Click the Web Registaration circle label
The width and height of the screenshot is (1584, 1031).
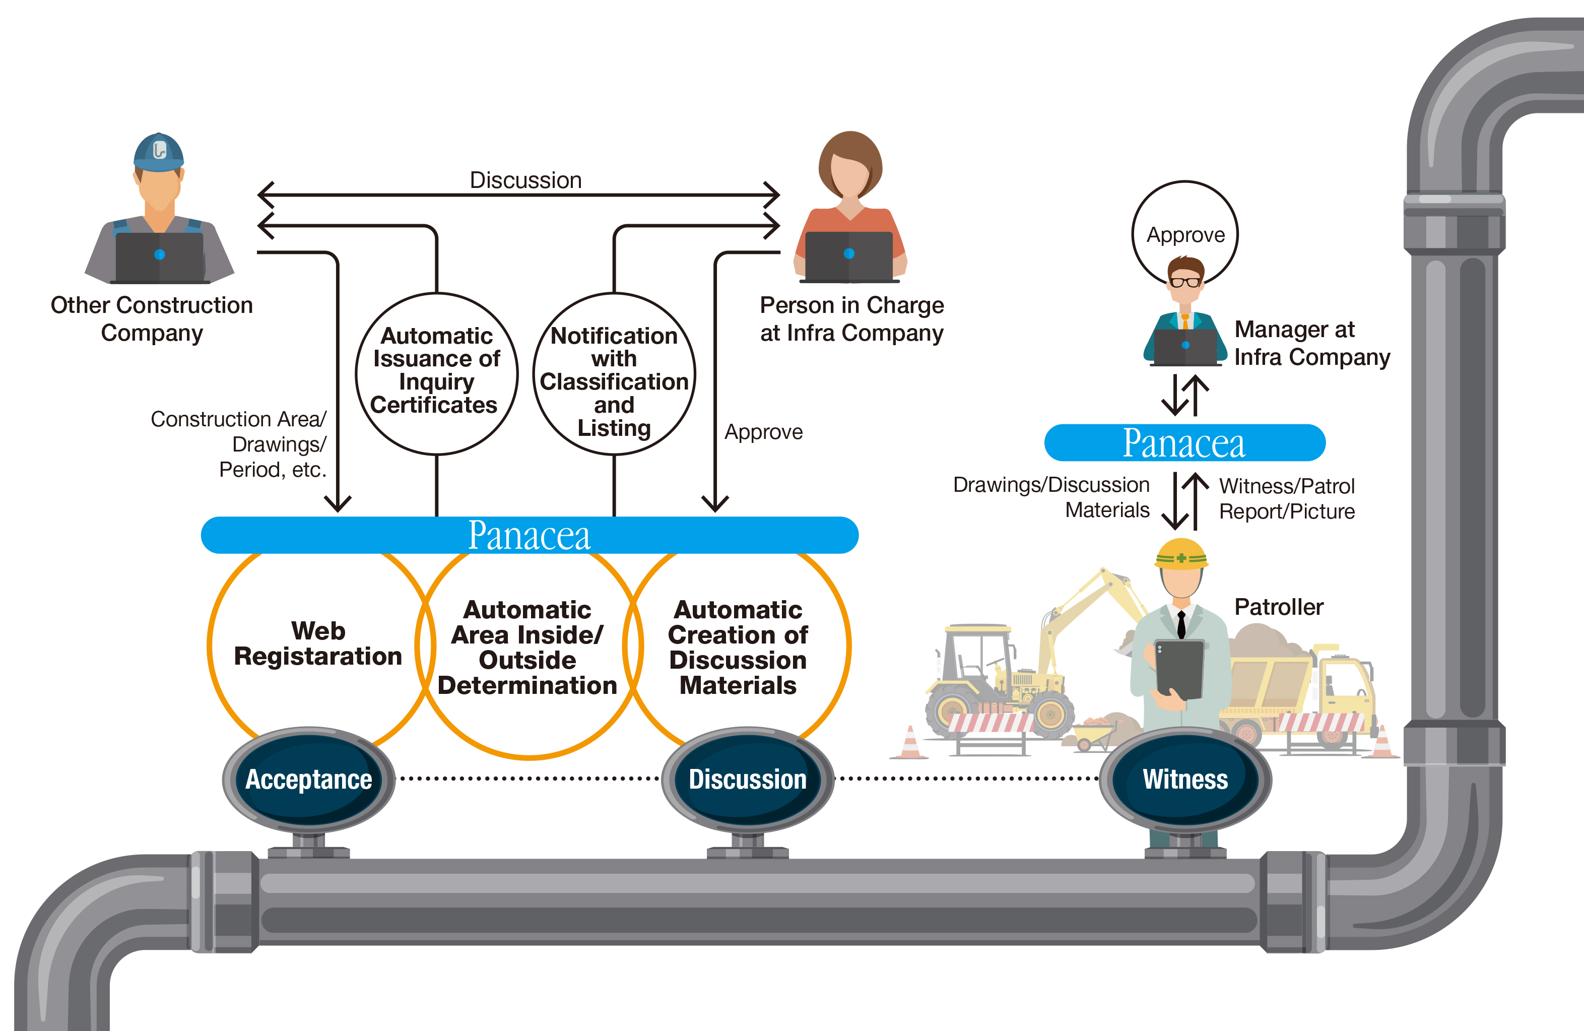(x=318, y=643)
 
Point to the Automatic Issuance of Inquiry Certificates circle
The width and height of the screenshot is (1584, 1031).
(x=437, y=373)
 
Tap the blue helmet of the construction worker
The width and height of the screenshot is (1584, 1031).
(x=158, y=152)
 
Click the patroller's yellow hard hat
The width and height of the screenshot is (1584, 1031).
(x=1181, y=554)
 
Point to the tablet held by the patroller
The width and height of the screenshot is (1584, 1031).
(x=1179, y=668)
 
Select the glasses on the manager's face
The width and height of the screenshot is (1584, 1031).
(x=1185, y=282)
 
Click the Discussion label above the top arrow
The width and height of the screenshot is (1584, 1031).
(x=526, y=180)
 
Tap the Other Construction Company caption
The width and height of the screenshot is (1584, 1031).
(x=152, y=319)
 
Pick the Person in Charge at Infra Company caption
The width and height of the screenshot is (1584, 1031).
(x=852, y=319)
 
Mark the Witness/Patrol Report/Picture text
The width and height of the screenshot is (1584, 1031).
(x=1287, y=498)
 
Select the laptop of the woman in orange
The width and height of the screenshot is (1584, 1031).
(x=848, y=256)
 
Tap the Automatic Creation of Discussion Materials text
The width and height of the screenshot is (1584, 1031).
(x=738, y=647)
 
